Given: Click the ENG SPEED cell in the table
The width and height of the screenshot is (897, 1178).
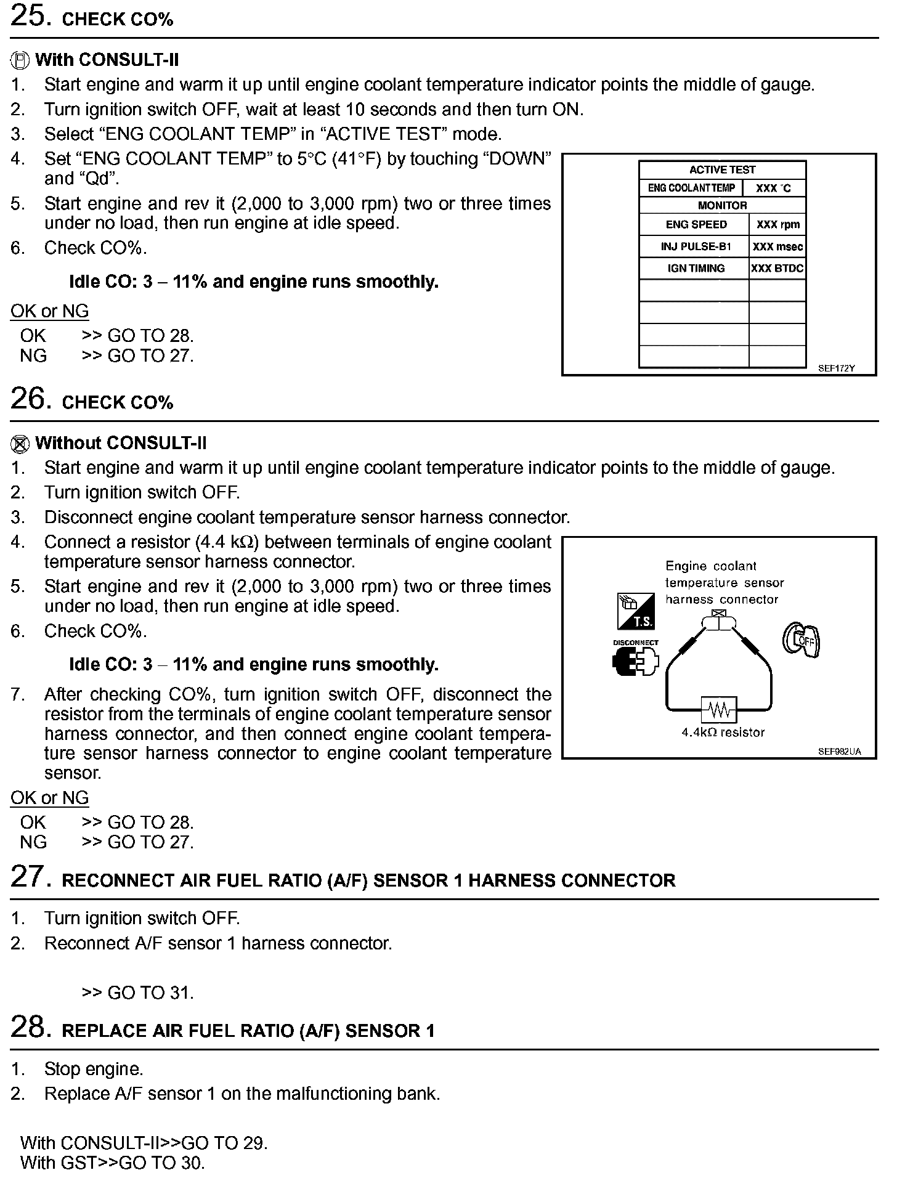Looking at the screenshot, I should (x=696, y=225).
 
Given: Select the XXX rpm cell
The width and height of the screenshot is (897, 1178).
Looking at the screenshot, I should (x=777, y=225).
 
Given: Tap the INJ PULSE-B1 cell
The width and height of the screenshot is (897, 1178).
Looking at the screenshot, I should (x=696, y=246).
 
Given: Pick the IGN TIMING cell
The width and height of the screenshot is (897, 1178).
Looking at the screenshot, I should (x=696, y=269).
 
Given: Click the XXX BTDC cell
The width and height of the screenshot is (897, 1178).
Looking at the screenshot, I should (x=777, y=269).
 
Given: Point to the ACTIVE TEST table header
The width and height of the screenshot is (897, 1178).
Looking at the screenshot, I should (x=722, y=170).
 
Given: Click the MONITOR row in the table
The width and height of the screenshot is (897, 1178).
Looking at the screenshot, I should (x=722, y=206).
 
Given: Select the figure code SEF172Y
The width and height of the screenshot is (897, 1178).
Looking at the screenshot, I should (x=836, y=368).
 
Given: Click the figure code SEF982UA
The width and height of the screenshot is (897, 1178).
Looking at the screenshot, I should (x=839, y=752).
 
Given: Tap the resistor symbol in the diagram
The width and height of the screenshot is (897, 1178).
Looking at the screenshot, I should (x=718, y=710).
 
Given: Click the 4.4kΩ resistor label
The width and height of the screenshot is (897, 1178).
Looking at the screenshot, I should (x=723, y=733).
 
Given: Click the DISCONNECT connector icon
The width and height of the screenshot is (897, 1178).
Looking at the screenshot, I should (x=636, y=659).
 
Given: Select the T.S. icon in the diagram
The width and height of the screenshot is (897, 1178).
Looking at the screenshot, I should (x=636, y=612).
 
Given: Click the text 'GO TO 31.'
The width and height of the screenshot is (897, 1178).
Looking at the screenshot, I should (x=150, y=993).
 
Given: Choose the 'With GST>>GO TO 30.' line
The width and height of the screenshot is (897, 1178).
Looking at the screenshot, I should (x=112, y=1163).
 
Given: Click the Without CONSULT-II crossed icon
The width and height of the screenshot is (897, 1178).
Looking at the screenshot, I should (x=20, y=444).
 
